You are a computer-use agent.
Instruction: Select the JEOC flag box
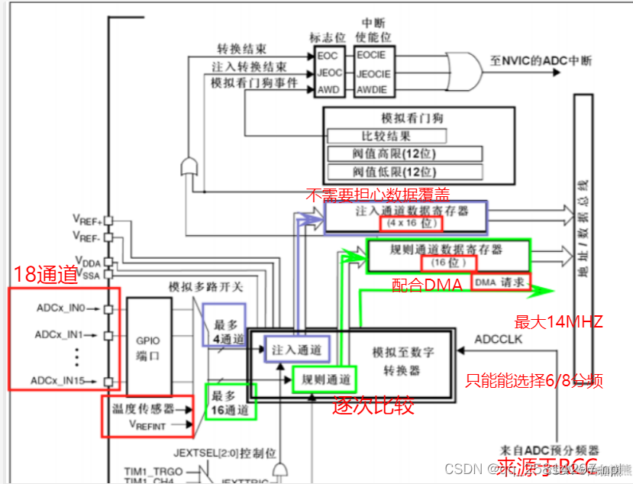pyautogui.click(x=329, y=73)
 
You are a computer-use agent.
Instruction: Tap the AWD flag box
pyautogui.click(x=329, y=90)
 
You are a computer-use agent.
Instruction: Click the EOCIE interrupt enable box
pyautogui.click(x=371, y=56)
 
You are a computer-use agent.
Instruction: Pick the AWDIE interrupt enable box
pyautogui.click(x=371, y=90)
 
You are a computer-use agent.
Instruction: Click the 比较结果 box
pyautogui.click(x=386, y=136)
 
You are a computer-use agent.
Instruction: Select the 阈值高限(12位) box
pyautogui.click(x=405, y=153)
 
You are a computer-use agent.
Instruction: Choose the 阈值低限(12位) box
pyautogui.click(x=405, y=172)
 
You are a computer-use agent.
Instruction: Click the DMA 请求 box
pyautogui.click(x=500, y=282)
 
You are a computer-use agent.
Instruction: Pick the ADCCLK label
pyautogui.click(x=499, y=338)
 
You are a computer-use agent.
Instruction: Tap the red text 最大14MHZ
pyautogui.click(x=559, y=321)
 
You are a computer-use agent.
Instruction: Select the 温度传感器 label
pyautogui.click(x=141, y=408)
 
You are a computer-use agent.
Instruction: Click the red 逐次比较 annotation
pyautogui.click(x=373, y=405)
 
